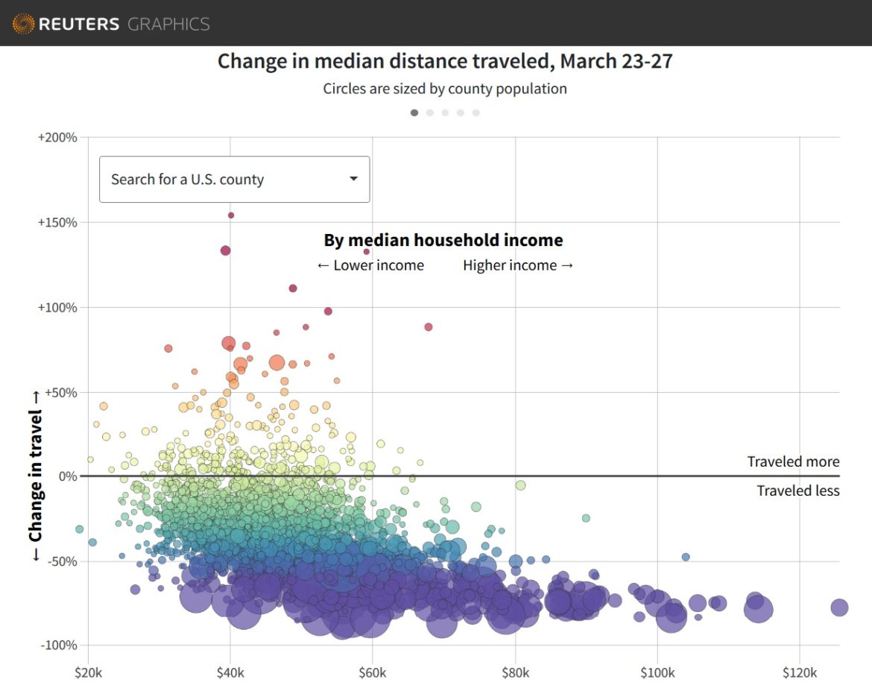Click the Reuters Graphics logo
pos(112,24)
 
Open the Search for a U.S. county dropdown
pos(234,179)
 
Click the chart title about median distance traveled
pos(445,61)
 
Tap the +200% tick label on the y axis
pos(57,138)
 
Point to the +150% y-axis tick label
pos(57,223)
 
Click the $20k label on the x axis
pos(88,673)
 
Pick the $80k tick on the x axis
pos(515,673)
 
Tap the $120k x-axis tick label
pos(799,673)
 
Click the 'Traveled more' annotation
pos(793,462)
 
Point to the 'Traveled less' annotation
pos(797,490)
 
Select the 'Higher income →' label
pos(518,265)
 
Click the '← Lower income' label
pos(370,265)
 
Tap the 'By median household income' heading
pos(443,240)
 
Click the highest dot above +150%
pos(231,215)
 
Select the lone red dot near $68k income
pos(429,327)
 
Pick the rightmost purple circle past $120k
pos(839,607)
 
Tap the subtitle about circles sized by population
pos(445,89)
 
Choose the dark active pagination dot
pos(414,113)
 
